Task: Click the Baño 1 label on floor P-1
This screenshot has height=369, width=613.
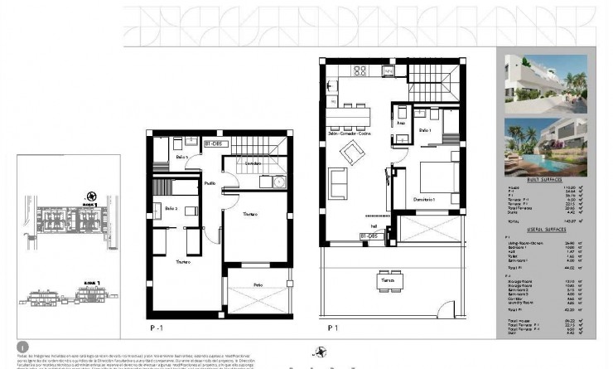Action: [182, 156]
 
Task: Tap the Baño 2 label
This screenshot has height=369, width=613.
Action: [171, 208]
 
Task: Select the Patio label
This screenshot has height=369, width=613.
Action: [259, 285]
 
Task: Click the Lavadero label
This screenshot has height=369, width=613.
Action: [253, 163]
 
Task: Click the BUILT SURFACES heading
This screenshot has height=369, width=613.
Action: [545, 179]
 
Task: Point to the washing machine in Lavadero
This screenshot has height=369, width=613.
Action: [278, 182]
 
